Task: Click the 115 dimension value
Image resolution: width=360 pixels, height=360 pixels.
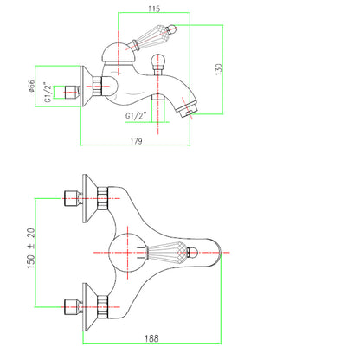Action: [154, 9]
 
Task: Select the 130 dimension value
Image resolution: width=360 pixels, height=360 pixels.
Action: [219, 69]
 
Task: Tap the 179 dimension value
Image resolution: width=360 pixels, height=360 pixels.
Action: [136, 141]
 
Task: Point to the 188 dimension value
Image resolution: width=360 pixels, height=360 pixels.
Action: [151, 338]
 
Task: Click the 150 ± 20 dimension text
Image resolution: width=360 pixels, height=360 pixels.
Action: [31, 248]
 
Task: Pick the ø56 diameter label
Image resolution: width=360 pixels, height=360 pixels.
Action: [31, 86]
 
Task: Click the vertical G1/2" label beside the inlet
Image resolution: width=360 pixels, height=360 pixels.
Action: [48, 92]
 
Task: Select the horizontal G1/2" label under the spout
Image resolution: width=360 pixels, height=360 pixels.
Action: [136, 115]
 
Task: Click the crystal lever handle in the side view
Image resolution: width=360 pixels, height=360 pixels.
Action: [153, 36]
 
